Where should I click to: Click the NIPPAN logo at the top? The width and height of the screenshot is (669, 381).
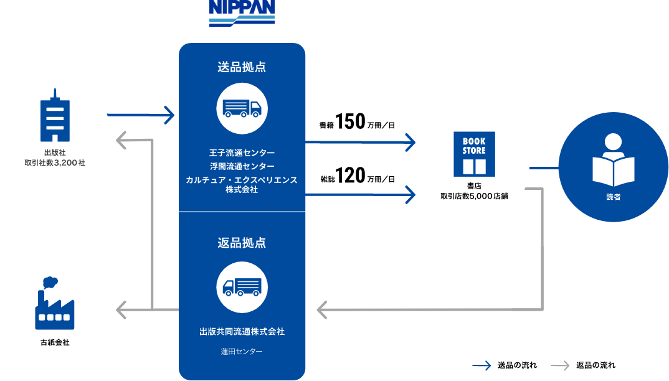coord(242,13)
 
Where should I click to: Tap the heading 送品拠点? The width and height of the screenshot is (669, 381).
coord(242,67)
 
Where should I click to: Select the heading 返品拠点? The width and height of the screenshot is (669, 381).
coord(242,243)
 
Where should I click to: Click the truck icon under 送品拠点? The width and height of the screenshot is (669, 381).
coord(242,109)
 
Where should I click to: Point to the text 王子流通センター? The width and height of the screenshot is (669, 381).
coord(242,153)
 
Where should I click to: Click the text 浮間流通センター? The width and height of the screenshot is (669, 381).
coord(242,166)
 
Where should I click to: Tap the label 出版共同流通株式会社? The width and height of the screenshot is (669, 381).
coord(242,332)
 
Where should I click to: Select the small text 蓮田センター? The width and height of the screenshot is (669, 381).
coord(242,352)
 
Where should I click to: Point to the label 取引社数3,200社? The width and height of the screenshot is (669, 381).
coord(55,163)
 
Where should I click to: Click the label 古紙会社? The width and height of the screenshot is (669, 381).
coord(55,342)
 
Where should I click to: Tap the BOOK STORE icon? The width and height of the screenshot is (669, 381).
coord(474,153)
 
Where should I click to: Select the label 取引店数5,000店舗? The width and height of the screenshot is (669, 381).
coord(474,195)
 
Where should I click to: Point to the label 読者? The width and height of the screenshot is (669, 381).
coord(614,197)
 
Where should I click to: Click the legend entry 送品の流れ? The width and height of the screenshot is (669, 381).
coord(517,365)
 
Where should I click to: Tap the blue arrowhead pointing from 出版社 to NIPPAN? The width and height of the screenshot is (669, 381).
coord(169,115)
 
